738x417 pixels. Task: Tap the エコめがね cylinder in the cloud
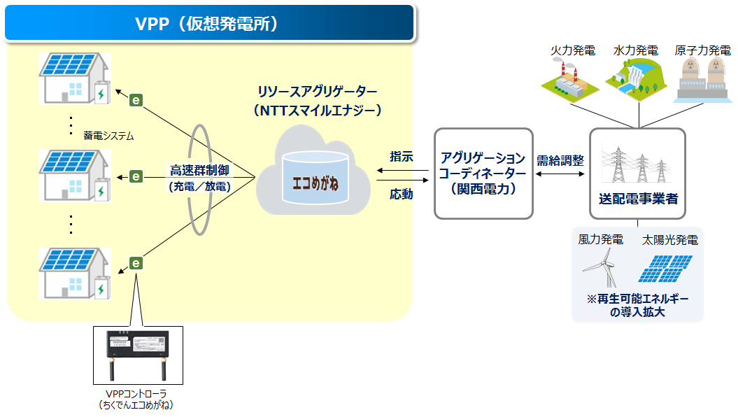[315, 183]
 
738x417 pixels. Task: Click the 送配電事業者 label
[637, 199]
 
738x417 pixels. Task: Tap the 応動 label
[401, 195]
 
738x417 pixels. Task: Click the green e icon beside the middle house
[136, 176]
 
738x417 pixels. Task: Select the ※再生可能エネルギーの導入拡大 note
[637, 305]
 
